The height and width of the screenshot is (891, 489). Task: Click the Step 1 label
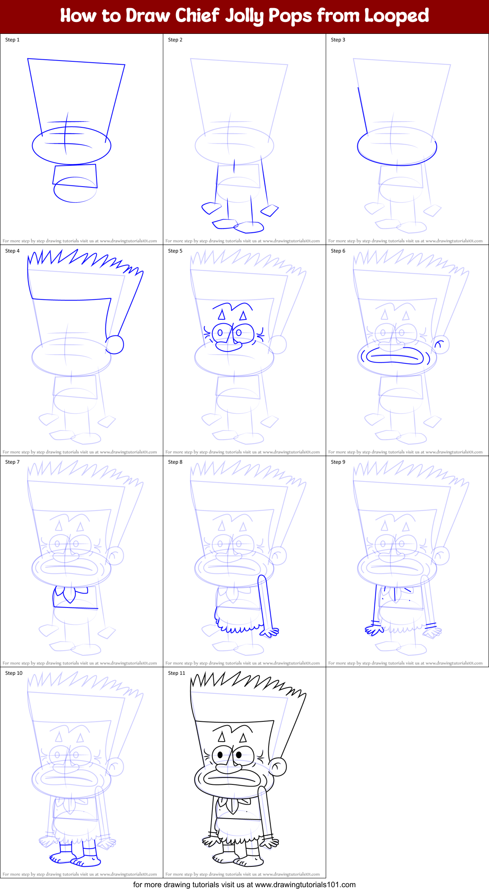(12, 40)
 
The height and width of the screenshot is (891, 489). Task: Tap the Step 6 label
(338, 251)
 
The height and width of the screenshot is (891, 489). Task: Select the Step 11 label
(176, 673)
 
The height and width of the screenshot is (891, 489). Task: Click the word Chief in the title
(197, 16)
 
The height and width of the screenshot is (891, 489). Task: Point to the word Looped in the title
(396, 16)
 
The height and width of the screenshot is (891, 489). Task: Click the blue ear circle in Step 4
(114, 344)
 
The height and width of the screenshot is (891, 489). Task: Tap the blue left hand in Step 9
(374, 630)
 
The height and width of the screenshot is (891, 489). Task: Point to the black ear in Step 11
(277, 766)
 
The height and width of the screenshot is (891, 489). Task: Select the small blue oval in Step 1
(75, 190)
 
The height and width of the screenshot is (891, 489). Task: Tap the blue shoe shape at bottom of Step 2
(249, 227)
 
